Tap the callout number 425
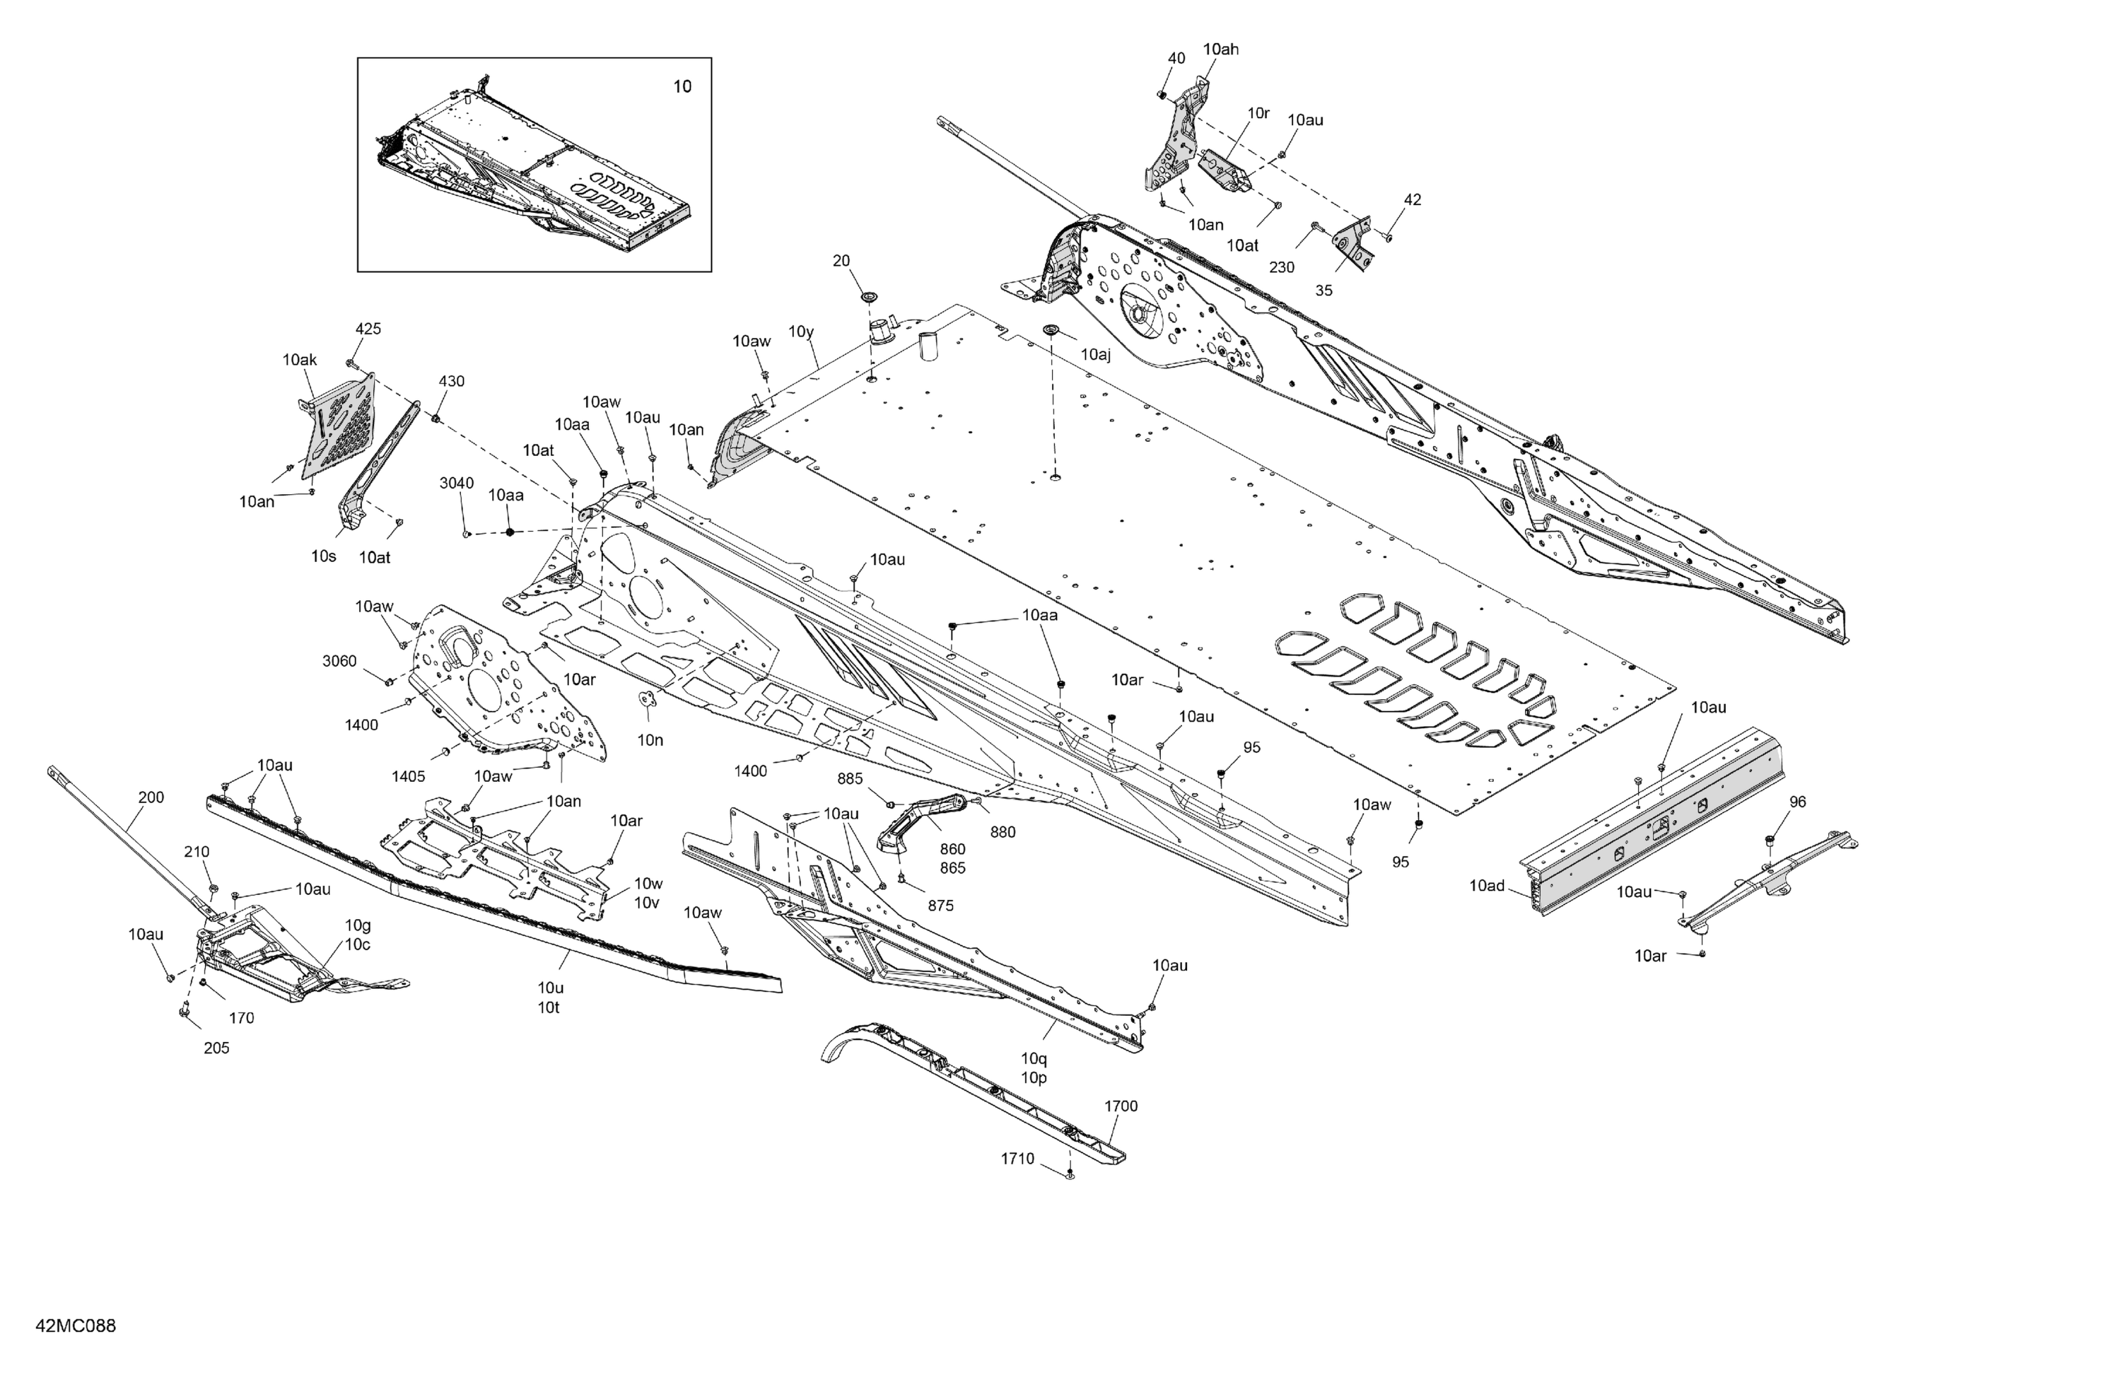pos(368,329)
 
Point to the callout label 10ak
pos(300,360)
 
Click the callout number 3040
pos(456,483)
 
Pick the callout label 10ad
pos(1487,886)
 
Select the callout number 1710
pos(1017,1159)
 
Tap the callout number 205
pos(216,1048)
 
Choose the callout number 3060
pos(339,661)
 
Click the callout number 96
pos(1797,802)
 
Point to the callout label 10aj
pos(1095,355)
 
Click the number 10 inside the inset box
pos(681,86)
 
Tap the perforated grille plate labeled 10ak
pos(339,423)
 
